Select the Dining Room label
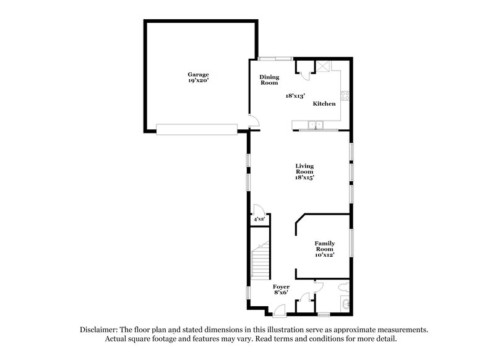pyautogui.click(x=269, y=80)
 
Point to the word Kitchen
pyautogui.click(x=324, y=103)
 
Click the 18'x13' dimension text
pyautogui.click(x=296, y=96)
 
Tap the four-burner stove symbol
pyautogui.click(x=348, y=95)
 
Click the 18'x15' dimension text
pyautogui.click(x=304, y=178)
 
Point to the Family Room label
pyautogui.click(x=324, y=246)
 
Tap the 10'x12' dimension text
pyautogui.click(x=324, y=255)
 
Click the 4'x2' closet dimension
pyautogui.click(x=258, y=219)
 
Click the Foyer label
pyautogui.click(x=281, y=287)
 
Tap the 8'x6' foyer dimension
pyautogui.click(x=281, y=294)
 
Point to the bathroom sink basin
pyautogui.click(x=345, y=302)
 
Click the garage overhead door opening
pyautogui.click(x=197, y=129)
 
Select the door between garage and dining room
pyautogui.click(x=251, y=121)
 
